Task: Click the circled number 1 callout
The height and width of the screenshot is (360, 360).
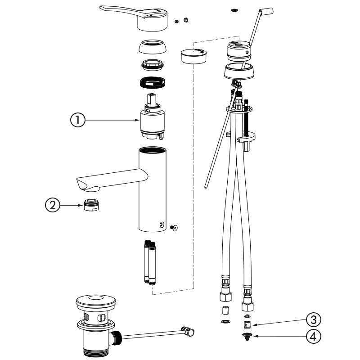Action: pyautogui.click(x=77, y=120)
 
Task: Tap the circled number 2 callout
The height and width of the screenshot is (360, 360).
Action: pyautogui.click(x=53, y=205)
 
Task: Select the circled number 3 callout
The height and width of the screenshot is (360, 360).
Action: pyautogui.click(x=313, y=319)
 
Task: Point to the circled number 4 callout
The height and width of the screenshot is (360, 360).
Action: pyautogui.click(x=313, y=336)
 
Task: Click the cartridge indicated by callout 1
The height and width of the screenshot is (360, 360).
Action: pyautogui.click(x=153, y=117)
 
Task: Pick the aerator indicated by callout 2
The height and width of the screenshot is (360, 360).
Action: pyautogui.click(x=91, y=205)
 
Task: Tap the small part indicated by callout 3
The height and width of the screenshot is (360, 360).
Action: pyautogui.click(x=247, y=325)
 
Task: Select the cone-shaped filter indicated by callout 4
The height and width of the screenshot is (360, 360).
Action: pyautogui.click(x=247, y=336)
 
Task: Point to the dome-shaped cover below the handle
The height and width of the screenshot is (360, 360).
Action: pyautogui.click(x=152, y=47)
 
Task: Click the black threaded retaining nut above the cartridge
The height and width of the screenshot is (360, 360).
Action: pyautogui.click(x=153, y=82)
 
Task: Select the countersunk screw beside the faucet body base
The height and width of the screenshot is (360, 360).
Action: pyautogui.click(x=174, y=228)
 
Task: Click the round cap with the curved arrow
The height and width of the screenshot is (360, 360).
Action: pyautogui.click(x=193, y=55)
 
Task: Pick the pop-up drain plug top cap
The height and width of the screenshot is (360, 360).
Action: pyautogui.click(x=96, y=301)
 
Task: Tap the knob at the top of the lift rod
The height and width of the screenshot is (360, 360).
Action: pyautogui.click(x=266, y=12)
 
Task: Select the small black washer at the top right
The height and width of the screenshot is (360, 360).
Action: pyautogui.click(x=234, y=10)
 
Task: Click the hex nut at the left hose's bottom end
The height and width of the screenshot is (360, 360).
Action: pyautogui.click(x=225, y=296)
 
